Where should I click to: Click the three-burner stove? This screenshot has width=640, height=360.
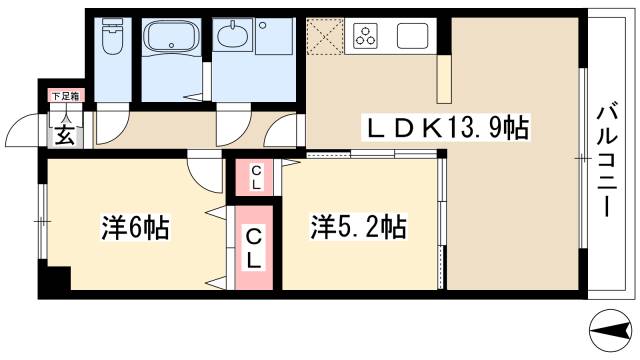pos(366,38)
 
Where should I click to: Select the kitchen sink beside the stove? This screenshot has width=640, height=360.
pos(413,37)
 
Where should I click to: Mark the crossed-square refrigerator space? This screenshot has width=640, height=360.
pos(324,38)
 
